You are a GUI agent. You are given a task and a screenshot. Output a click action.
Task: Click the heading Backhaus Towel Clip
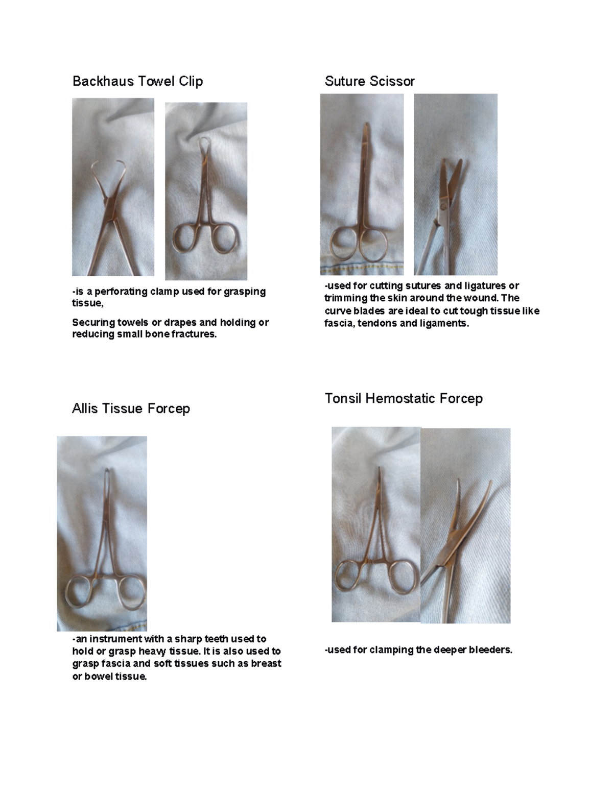click(137, 81)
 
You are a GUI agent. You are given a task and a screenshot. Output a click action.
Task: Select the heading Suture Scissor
click(369, 81)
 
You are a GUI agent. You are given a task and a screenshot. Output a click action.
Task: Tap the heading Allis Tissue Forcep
click(131, 408)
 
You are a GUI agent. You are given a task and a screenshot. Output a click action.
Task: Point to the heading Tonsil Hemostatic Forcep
click(404, 398)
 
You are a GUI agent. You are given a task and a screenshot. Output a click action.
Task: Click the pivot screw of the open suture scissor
click(443, 206)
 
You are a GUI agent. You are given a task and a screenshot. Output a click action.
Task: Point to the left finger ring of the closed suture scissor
click(344, 244)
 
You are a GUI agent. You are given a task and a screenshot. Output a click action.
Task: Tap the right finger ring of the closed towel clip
click(225, 238)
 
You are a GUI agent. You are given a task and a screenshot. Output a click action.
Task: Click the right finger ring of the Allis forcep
click(131, 593)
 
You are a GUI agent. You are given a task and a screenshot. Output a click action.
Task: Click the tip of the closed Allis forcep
click(107, 470)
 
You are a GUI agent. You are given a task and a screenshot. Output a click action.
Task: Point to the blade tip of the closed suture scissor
click(366, 125)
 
